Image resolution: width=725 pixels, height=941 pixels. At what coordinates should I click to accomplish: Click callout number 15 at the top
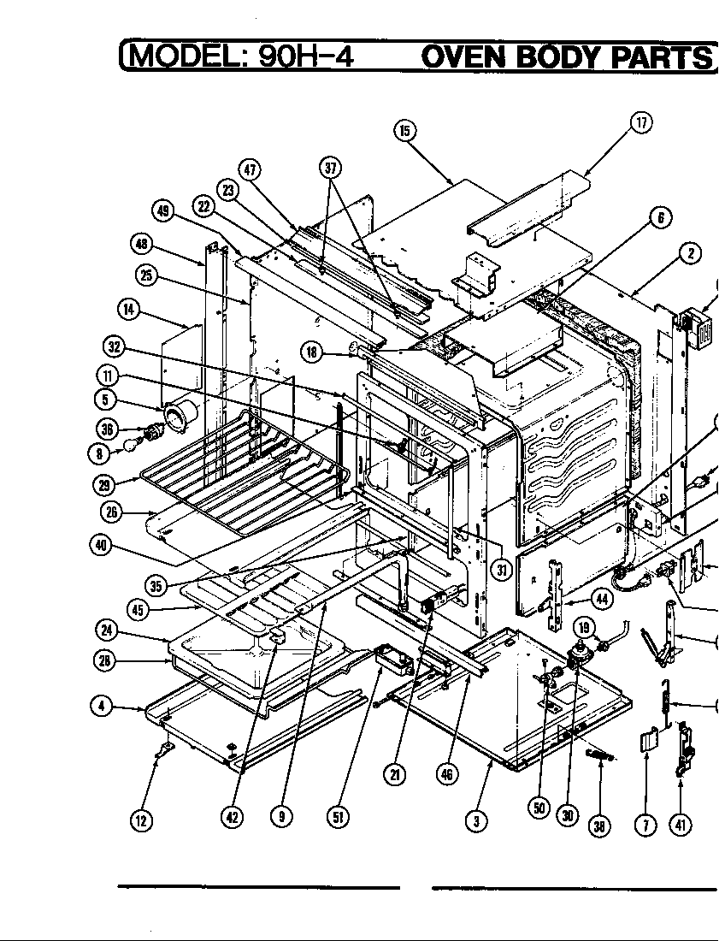(404, 130)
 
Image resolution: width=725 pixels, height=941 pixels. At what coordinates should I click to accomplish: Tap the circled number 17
(641, 122)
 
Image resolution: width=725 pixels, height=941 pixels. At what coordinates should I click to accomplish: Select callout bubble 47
(251, 169)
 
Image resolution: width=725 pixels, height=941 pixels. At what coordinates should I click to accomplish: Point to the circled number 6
(660, 217)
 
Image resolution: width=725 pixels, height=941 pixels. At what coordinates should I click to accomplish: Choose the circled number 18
(312, 351)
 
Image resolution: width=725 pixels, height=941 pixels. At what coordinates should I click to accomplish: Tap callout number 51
(338, 817)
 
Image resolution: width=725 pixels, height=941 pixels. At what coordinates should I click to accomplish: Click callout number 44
(602, 599)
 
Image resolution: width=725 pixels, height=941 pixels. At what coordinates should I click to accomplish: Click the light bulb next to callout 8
(133, 444)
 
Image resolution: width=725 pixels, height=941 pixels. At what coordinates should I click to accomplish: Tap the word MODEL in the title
(179, 56)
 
